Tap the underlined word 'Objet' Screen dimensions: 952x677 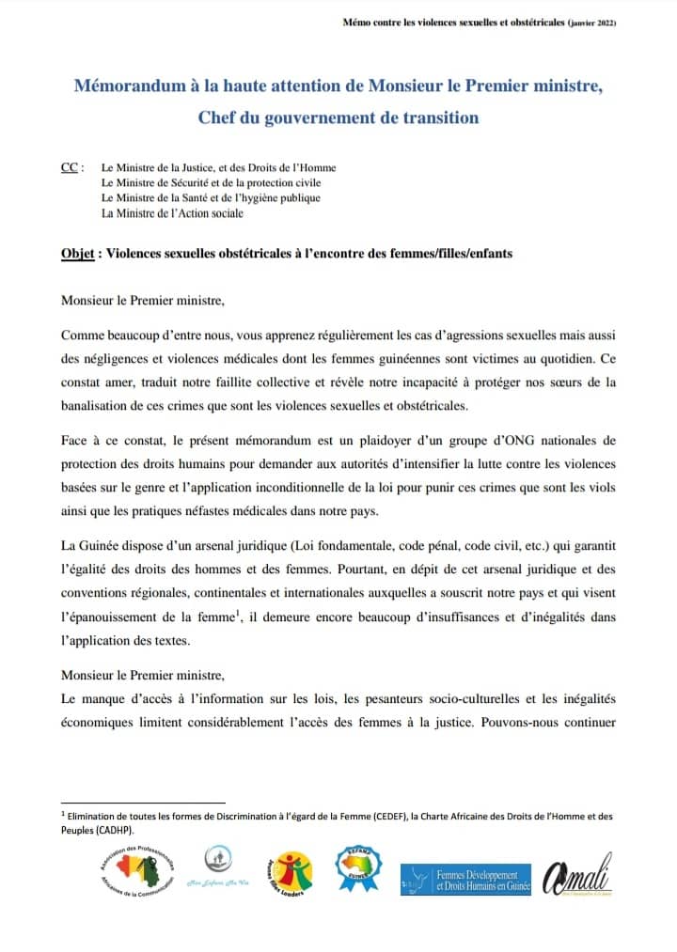(x=79, y=254)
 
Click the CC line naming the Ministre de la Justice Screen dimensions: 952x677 (x=218, y=168)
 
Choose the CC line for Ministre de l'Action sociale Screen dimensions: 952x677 (x=172, y=213)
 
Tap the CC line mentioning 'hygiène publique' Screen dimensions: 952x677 (x=211, y=198)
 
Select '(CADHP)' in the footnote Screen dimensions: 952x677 (x=113, y=831)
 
